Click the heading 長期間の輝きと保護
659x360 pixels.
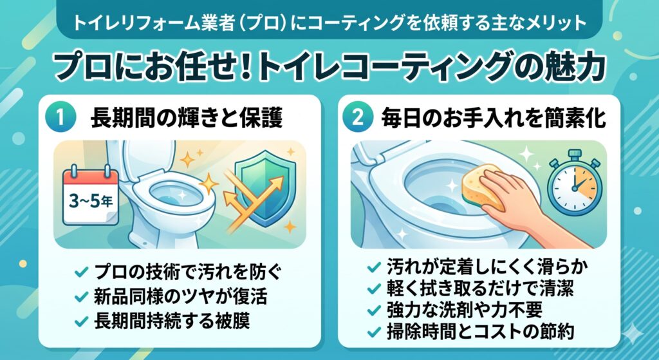pos(187,118)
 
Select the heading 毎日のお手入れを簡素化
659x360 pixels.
pos(494,118)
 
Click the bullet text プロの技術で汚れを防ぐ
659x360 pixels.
pos(187,272)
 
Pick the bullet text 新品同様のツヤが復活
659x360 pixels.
pos(181,296)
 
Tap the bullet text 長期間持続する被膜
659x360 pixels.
pos(172,321)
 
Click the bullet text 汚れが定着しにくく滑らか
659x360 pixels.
pos(487,266)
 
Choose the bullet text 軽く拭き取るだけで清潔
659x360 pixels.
pos(480,288)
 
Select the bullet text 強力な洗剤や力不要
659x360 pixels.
pos(465,310)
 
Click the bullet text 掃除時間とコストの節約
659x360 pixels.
pos(480,332)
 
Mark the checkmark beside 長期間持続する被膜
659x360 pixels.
pos(81,322)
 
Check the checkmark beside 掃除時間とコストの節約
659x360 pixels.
pos(374,333)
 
